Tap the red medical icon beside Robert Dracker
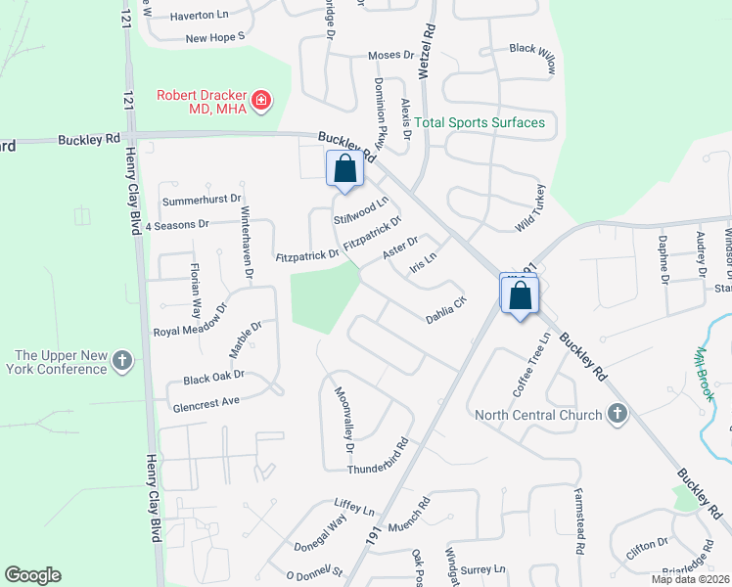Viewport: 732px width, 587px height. (x=261, y=100)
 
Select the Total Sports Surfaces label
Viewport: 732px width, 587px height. (x=479, y=122)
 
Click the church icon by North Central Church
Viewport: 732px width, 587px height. (x=617, y=414)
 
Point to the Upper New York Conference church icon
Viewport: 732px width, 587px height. (x=122, y=361)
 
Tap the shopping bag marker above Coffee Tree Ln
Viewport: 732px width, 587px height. (x=520, y=293)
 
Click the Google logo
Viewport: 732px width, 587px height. (x=32, y=575)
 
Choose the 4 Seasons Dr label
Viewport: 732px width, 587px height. (x=176, y=224)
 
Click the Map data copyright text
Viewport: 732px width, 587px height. (x=690, y=579)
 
